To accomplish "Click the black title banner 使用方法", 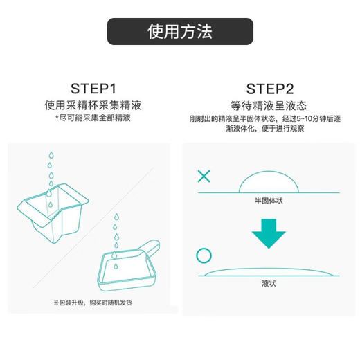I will [x=179, y=32].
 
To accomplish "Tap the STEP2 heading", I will [x=269, y=90].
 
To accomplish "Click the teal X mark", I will [x=204, y=176].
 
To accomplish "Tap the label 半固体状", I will [x=270, y=200].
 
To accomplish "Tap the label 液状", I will [x=270, y=283].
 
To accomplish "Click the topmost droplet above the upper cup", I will [x=49, y=154].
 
